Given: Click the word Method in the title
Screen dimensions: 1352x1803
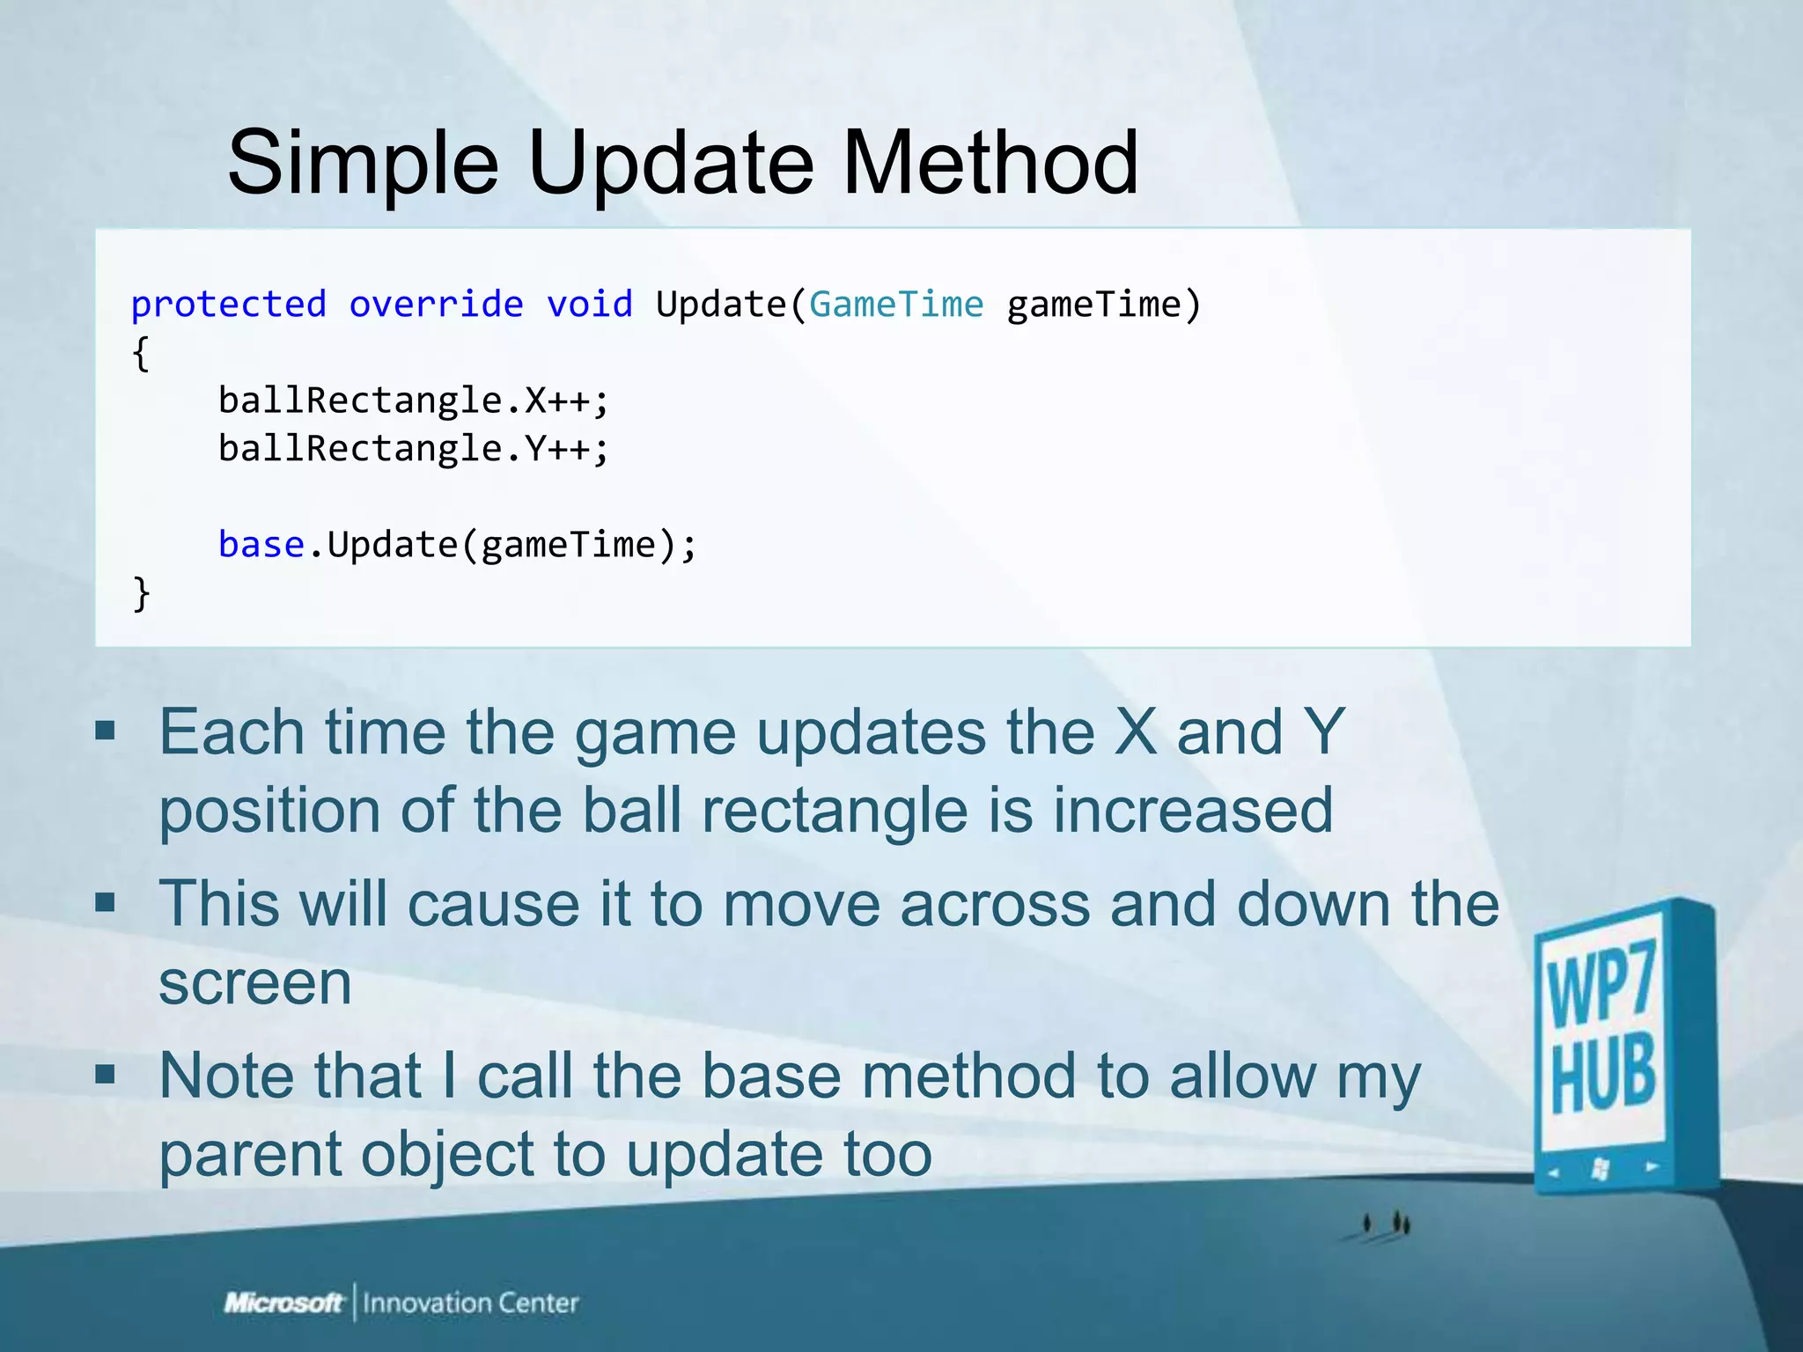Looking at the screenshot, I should click(x=990, y=163).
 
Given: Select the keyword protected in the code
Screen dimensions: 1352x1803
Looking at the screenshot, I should click(x=229, y=305).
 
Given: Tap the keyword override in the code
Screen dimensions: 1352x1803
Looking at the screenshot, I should click(x=437, y=305).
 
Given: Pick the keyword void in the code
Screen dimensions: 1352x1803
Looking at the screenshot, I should click(x=590, y=305).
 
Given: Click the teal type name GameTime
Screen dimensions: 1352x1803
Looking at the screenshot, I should click(x=896, y=305).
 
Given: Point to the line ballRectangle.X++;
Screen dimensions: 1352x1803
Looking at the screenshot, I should click(x=413, y=400).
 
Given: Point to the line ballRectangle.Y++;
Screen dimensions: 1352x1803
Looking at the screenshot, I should click(x=413, y=449).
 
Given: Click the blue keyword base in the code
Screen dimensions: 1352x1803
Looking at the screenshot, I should click(x=261, y=545).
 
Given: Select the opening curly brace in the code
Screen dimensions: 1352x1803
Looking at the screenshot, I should click(x=141, y=354).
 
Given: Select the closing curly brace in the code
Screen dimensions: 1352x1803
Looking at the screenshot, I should click(x=141, y=593).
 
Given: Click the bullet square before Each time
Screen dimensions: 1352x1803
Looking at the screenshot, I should click(x=106, y=731).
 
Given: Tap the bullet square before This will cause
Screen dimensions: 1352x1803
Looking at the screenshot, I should click(x=106, y=902).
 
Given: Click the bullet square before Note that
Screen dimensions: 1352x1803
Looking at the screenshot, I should click(x=106, y=1074).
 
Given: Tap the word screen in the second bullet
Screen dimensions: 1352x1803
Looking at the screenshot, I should click(x=255, y=983).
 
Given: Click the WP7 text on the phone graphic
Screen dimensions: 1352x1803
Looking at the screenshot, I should click(x=1601, y=983).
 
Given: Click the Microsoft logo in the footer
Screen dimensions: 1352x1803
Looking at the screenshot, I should click(x=283, y=1303).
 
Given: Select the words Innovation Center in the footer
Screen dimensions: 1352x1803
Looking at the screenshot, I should click(x=470, y=1303).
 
